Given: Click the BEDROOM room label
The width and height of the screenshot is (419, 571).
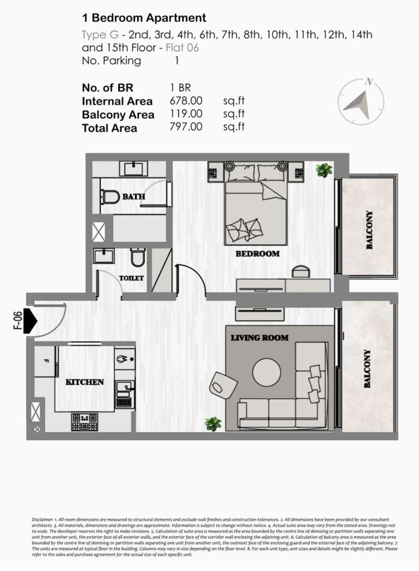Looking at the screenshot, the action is point(257,254).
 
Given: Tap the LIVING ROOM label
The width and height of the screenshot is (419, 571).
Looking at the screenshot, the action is point(259,338).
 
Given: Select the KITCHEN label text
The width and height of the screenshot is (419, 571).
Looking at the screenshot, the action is point(85,382).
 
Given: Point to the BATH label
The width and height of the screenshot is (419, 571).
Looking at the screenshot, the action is point(134,197).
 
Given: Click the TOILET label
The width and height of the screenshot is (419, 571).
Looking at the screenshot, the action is point(131,278).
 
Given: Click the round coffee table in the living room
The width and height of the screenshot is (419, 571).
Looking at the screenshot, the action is point(267,373).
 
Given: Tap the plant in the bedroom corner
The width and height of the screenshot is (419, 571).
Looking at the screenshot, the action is point(324,170).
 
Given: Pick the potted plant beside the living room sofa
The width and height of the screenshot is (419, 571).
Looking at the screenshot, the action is point(213,424).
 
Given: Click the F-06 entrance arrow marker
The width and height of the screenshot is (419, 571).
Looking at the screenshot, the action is point(30,321).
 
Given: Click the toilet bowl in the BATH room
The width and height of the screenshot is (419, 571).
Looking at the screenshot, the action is point(110,197).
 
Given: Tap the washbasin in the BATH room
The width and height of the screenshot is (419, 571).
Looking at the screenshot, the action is point(134,168).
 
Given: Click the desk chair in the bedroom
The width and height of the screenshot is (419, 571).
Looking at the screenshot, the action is point(301,271).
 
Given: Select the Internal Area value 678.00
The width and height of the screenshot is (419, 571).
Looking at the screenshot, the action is point(186,101).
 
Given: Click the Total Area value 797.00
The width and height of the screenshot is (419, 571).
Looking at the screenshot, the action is point(186,127).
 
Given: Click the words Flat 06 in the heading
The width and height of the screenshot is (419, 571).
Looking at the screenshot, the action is point(182,48).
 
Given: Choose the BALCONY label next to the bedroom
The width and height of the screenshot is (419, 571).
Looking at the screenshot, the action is point(369,230).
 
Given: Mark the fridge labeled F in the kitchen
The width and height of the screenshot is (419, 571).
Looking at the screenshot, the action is point(45,361).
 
